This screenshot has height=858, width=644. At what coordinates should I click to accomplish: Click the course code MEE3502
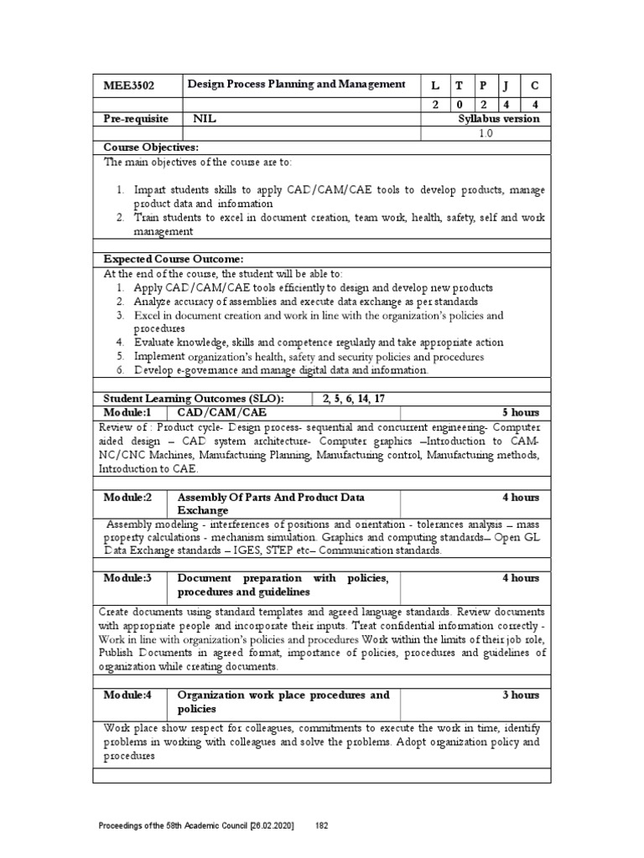pos(128,85)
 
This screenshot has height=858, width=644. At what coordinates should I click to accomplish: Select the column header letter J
pos(506,85)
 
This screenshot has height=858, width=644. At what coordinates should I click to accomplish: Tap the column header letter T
pos(459,85)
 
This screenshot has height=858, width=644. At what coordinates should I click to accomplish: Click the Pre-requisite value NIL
pos(205,119)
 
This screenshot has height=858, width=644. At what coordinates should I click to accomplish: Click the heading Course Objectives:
pos(150,147)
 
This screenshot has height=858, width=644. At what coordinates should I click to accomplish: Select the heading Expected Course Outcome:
pos(174,259)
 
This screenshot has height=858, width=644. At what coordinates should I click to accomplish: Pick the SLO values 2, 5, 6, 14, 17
pos(356,398)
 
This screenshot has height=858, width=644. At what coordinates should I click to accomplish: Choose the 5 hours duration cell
pos(521,413)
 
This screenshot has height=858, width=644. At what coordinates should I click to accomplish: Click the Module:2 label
pos(127,497)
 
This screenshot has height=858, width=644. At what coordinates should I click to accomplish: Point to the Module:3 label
pos(127,578)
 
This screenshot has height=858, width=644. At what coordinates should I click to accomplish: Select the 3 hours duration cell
pos(521,695)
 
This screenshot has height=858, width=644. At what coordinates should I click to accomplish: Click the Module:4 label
pos(127,695)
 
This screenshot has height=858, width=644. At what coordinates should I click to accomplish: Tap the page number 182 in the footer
pos(321,826)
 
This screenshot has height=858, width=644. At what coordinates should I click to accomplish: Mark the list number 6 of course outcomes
pos(121,370)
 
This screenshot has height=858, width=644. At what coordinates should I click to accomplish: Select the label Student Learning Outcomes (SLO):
pos(193,398)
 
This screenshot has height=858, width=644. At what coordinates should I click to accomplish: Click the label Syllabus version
pos(499,119)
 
